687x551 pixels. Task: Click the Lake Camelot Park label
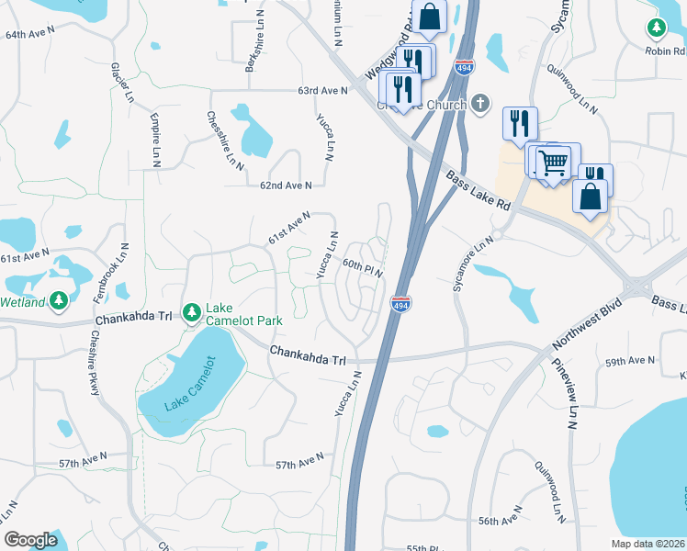pyautogui.click(x=243, y=314)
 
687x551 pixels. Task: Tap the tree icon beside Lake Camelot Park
pyautogui.click(x=192, y=313)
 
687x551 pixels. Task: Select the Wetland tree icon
pyautogui.click(x=59, y=300)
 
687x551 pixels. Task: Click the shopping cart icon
pyautogui.click(x=553, y=163)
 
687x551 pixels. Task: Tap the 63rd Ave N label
pyautogui.click(x=322, y=90)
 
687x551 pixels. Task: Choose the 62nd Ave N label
pyautogui.click(x=286, y=185)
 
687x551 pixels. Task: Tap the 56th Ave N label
pyautogui.click(x=500, y=520)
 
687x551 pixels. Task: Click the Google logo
pyautogui.click(x=30, y=540)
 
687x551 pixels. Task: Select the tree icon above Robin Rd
pyautogui.click(x=657, y=29)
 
